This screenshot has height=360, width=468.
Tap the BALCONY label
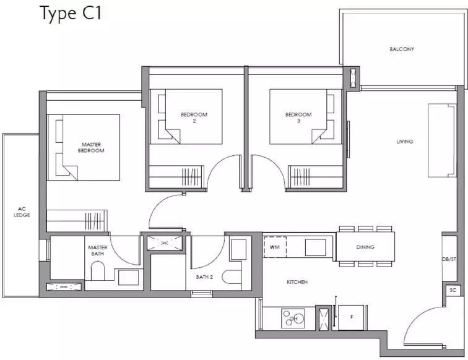point(401,49)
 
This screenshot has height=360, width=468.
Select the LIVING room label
point(404,142)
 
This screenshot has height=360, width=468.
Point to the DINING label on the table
point(365,247)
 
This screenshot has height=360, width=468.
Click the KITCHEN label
point(297,282)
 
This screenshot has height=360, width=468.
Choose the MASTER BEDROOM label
point(91,147)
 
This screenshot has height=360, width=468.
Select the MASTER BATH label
point(97,251)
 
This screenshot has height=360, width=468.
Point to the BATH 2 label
point(204,277)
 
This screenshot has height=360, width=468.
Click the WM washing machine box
point(274,247)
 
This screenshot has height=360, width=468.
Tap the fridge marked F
point(351,317)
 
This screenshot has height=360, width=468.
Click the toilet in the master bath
point(98,271)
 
